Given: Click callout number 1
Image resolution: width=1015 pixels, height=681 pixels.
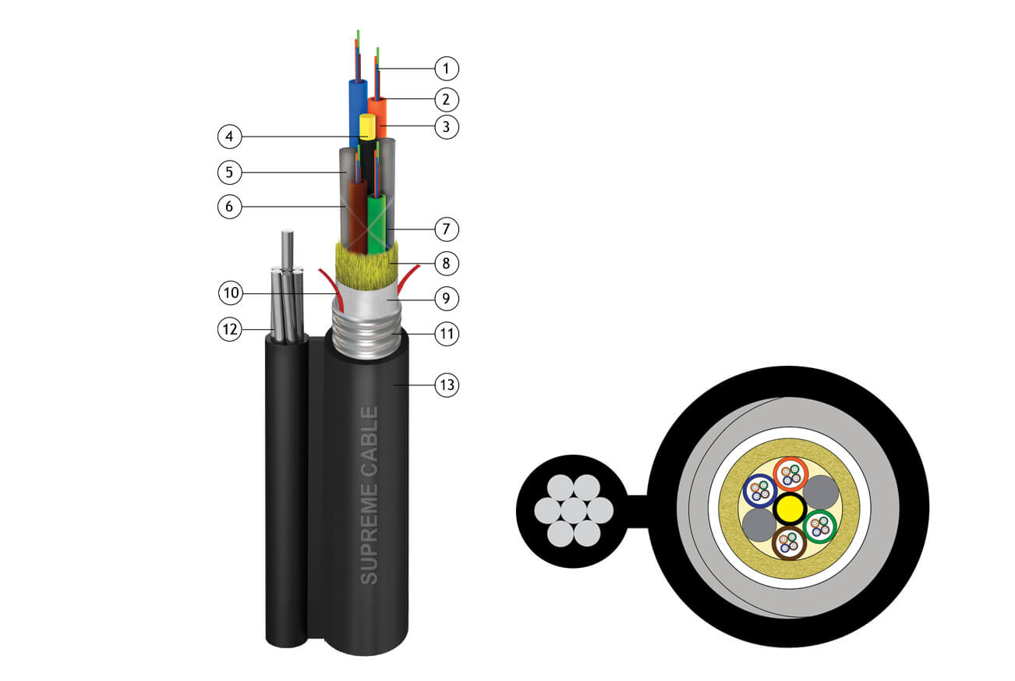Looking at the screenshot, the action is coord(447,69).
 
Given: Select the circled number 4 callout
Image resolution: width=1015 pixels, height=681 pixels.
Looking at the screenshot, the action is coord(230,136).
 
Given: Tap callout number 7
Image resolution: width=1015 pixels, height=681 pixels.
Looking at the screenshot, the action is coord(447,229).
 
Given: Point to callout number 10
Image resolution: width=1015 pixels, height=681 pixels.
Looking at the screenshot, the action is coord(231,293).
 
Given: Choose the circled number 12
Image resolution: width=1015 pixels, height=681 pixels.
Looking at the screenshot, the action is coord(230,329).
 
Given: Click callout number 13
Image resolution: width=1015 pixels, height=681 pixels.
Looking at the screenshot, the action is coord(447,385).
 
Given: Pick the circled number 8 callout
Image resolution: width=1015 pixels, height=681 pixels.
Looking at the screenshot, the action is coord(447,264).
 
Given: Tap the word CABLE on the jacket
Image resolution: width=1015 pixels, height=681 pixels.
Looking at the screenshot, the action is coord(370,434).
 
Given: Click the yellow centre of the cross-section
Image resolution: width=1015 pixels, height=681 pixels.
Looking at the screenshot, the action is coord(789,509).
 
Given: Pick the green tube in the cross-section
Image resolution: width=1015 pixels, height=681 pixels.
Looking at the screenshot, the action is coord(819,527).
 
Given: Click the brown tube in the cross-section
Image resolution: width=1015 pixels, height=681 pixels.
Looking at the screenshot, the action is coord(789,543).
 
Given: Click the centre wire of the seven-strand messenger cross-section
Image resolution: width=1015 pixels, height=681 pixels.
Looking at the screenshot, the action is coord(574,510).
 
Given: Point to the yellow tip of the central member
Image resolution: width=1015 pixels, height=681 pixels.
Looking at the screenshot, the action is coord(367,126).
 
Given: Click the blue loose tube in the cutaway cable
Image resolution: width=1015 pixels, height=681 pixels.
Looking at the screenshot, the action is coord(358,111).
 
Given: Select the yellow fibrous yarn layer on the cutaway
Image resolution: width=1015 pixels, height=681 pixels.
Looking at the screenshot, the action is coord(366,266).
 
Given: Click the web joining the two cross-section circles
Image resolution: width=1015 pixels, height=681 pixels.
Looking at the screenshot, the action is coord(638,512).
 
